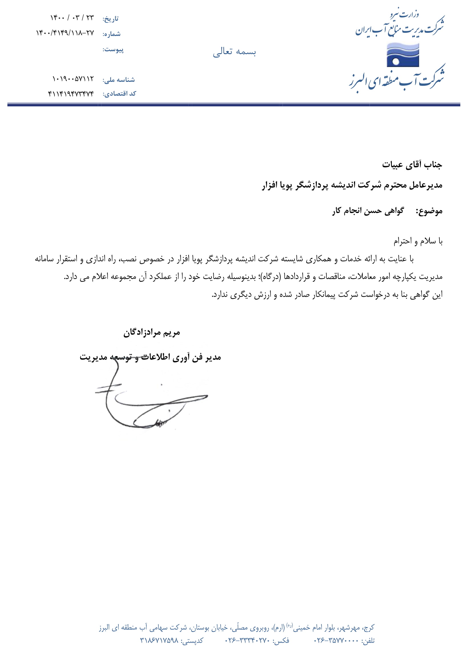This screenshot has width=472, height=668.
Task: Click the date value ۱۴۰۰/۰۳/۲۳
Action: coord(72,18)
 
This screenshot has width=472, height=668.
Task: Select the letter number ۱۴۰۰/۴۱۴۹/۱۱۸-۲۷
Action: coord(65,33)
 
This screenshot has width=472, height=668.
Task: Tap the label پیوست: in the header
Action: coord(113,50)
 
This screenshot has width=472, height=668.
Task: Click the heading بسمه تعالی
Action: coord(234,52)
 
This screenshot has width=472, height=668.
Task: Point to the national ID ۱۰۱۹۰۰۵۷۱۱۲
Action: coord(73,79)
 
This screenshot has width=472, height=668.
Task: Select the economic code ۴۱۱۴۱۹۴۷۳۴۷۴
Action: coord(71,94)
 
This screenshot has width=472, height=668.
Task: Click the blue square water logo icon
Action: coord(403,55)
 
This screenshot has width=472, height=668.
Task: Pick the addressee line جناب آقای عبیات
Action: coord(412,165)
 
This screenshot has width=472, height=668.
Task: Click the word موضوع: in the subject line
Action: coord(429,211)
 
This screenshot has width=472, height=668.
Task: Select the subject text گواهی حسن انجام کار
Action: coord(368,211)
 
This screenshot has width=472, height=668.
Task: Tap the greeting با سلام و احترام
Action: coord(418,241)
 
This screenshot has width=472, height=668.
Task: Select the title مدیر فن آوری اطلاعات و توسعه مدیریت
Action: coord(150,357)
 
